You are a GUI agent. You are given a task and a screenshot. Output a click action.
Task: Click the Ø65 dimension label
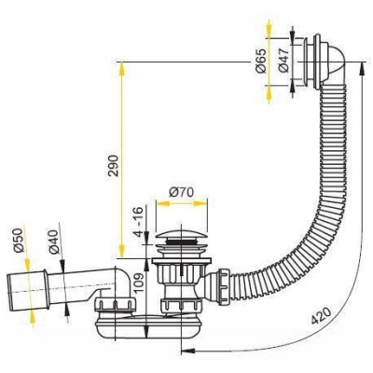coord(262,61)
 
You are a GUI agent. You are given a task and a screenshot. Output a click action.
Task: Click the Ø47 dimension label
coord(284,61)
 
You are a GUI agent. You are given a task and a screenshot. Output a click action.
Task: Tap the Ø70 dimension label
coord(181,192)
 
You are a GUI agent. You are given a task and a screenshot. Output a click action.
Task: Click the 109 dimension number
coord(139,283)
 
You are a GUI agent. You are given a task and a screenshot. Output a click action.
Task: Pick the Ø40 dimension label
coord(53,242)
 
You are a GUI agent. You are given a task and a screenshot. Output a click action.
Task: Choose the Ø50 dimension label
coord(19,240)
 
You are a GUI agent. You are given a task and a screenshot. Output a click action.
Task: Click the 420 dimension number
coord(320,315)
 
